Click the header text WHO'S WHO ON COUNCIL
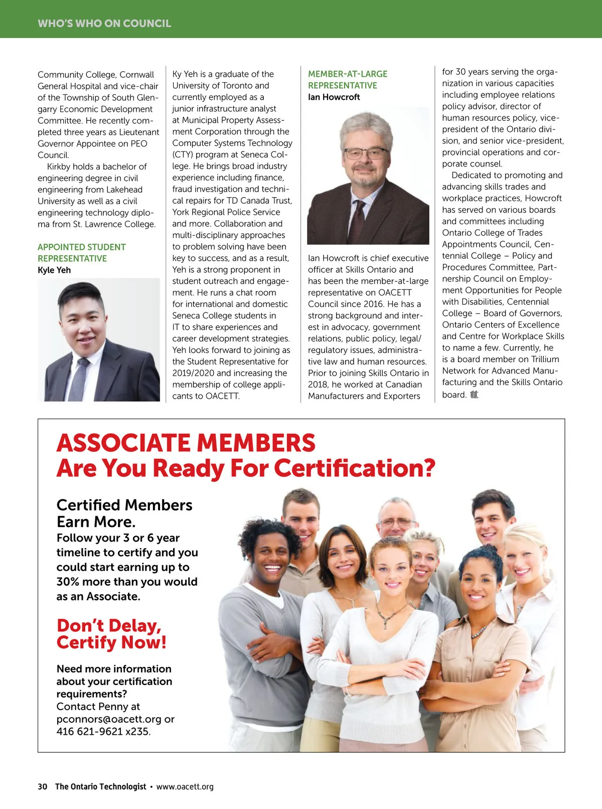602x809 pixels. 104,23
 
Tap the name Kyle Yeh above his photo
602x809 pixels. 54,270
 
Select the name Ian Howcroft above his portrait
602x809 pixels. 334,97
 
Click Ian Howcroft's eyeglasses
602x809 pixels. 366,153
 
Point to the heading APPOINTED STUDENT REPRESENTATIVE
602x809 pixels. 81,253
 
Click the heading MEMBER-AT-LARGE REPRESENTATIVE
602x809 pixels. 348,79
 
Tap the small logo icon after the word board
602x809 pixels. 474,395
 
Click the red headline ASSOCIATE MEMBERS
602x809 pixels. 186,443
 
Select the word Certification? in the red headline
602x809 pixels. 354,468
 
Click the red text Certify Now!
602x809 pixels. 111,642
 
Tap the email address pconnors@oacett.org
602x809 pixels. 109,719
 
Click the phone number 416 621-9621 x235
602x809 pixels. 103,731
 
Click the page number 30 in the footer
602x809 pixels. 42,786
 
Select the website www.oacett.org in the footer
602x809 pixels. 185,786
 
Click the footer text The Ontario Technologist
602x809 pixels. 100,786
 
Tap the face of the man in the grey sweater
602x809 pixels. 271,554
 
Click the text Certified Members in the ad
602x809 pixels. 124,505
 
